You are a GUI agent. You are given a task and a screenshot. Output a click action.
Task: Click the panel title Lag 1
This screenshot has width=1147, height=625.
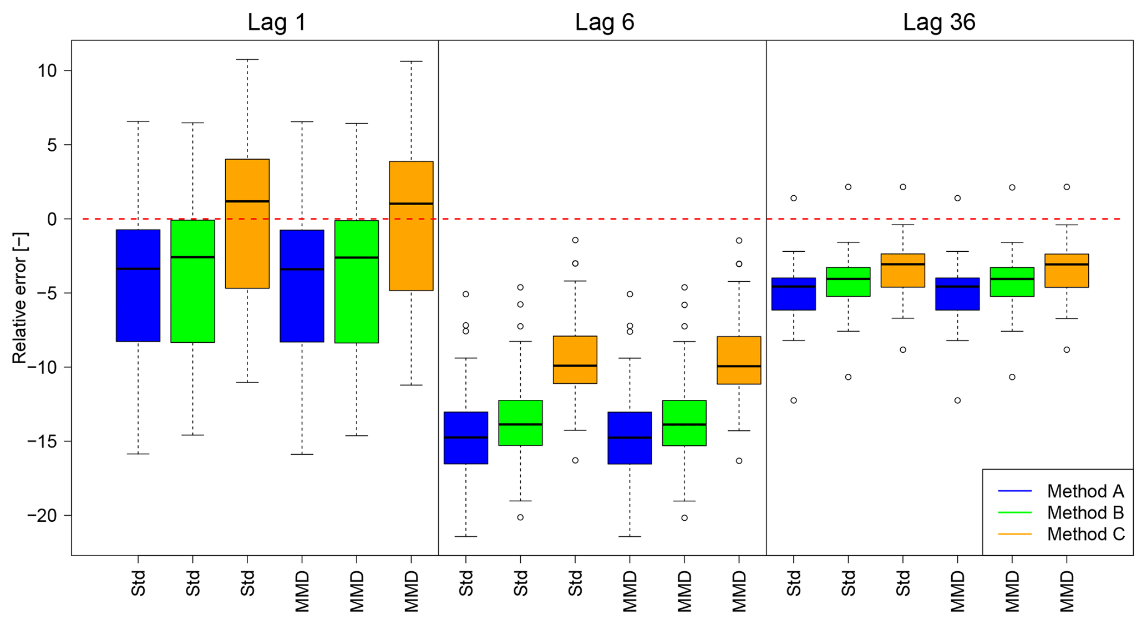point(276,23)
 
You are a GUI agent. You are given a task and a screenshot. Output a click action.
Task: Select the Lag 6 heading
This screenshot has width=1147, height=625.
point(604,23)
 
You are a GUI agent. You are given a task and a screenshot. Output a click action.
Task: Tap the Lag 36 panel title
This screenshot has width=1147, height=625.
point(938,23)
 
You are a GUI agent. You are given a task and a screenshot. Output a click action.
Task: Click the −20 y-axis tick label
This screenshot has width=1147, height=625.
point(42,516)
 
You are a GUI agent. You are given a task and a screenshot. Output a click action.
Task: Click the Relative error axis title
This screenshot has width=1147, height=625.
point(19,298)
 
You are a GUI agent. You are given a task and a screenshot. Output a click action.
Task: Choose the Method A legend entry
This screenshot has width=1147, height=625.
point(1085,491)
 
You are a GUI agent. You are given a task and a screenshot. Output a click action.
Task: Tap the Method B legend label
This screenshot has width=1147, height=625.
point(1085,512)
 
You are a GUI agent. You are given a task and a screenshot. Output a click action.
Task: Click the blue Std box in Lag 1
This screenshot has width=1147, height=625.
point(138,305)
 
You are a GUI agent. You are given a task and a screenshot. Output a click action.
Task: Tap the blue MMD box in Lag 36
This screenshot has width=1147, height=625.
point(957,299)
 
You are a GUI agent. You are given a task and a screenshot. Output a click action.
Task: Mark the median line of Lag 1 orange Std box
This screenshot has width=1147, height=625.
point(247,201)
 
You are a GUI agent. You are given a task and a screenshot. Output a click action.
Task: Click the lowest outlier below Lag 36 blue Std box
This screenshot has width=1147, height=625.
point(794,400)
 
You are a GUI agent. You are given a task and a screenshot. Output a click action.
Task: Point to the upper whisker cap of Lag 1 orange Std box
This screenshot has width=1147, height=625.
point(247,59)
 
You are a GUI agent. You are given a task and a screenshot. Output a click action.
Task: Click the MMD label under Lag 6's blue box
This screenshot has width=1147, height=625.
point(630,592)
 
